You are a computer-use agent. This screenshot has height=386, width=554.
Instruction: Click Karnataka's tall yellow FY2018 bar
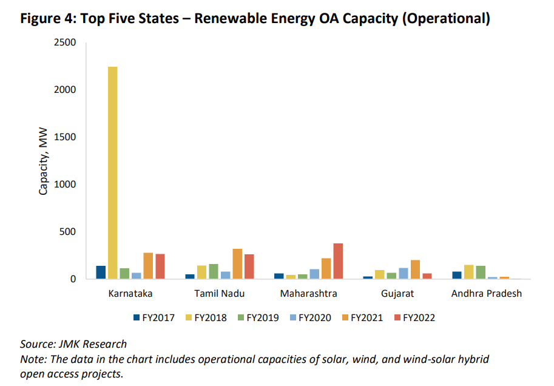pos(113,173)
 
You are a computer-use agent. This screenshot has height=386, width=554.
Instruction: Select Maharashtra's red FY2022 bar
pos(338,261)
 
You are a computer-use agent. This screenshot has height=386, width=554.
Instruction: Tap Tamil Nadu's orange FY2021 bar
pos(237,264)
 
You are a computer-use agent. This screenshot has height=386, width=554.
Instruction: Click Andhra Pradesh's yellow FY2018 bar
pos(469,272)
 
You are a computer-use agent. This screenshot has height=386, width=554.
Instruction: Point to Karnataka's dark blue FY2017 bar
pos(101,273)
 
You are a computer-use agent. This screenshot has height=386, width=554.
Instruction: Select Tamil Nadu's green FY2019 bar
pos(214,271)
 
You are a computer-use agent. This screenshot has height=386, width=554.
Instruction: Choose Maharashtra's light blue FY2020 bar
pos(314,274)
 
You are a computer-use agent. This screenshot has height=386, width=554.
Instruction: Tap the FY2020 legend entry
pos(310,317)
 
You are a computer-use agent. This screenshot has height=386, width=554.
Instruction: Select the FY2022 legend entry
pos(414,317)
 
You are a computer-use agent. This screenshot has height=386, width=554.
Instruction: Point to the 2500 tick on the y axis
pos(64,42)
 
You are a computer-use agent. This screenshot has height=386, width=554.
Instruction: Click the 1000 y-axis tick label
pos(64,185)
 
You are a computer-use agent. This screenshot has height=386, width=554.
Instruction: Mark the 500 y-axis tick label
pos(67,232)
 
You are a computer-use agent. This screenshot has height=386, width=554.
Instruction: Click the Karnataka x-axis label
pos(130,294)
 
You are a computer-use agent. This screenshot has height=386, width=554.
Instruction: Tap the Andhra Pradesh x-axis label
pos(487,294)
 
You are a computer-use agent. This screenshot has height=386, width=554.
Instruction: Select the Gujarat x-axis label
pos(397,294)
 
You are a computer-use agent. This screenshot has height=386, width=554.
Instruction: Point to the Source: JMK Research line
pos(73,344)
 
